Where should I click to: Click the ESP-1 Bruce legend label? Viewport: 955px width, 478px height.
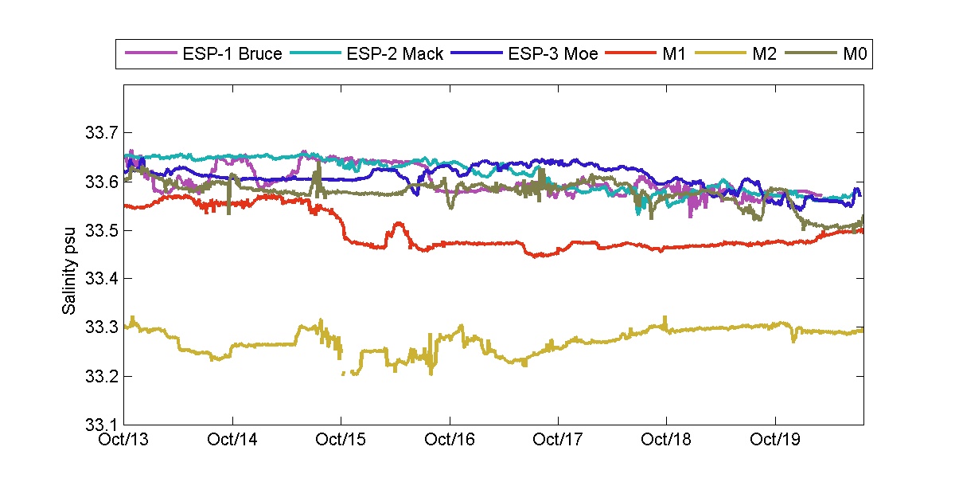pos(232,55)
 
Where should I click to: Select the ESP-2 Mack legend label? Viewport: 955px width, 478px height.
pos(395,55)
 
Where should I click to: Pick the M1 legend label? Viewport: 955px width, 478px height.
pos(670,55)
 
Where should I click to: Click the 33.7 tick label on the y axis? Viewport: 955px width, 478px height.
pos(100,132)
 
